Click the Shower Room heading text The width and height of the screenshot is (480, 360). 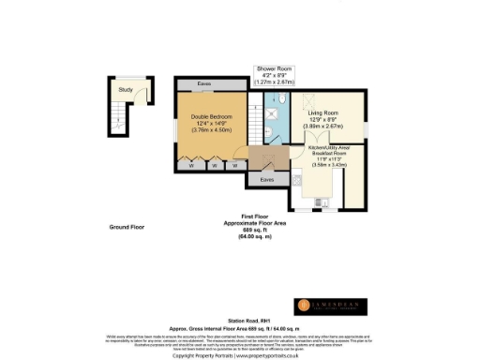(276, 68)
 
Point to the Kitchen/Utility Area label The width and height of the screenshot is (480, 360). (333, 149)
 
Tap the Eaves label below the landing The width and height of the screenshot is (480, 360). (267, 177)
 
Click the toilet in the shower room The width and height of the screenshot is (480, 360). (280, 98)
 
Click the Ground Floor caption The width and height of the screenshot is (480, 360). (126, 227)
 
